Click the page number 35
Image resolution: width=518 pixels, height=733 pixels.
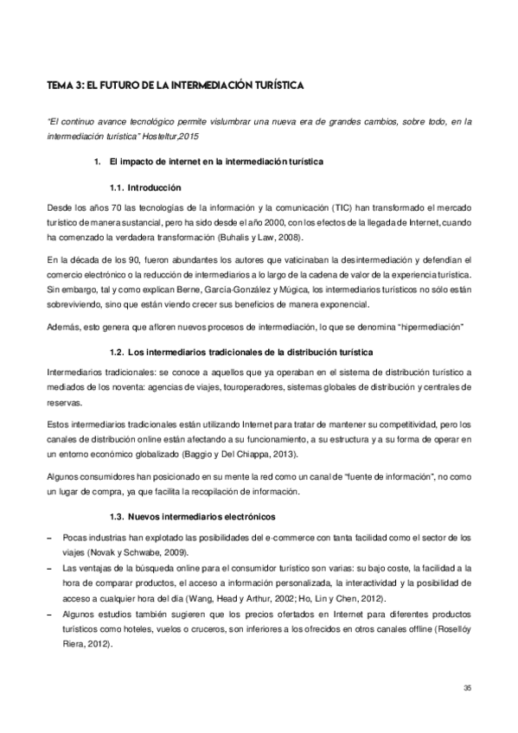click(x=467, y=687)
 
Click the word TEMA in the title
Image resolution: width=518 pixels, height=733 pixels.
click(x=61, y=86)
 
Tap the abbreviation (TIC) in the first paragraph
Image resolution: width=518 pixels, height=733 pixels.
click(x=342, y=210)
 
